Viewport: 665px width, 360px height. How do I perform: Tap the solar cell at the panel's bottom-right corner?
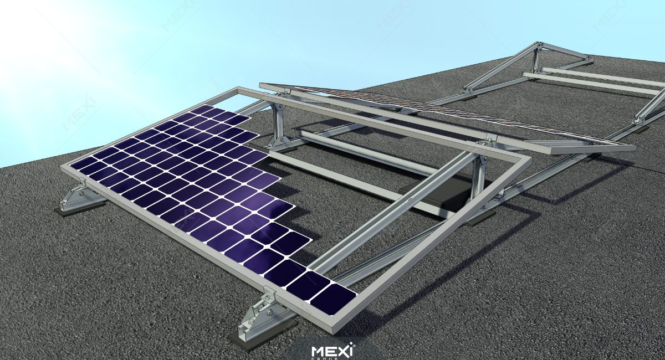[333, 299]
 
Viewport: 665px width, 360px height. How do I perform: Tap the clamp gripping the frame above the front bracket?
[270, 294]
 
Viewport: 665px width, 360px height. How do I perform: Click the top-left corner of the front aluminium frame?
[238, 89]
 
